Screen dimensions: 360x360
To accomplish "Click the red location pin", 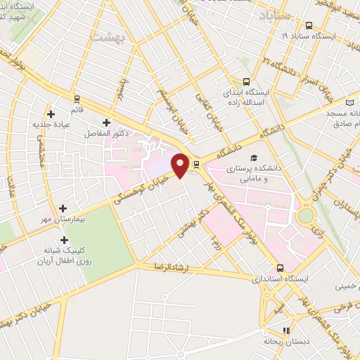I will click(x=181, y=164).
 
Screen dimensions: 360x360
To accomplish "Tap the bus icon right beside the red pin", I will click(x=196, y=165).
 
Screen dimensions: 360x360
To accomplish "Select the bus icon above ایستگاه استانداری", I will click(x=281, y=268).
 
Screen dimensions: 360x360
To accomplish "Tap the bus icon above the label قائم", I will click(x=76, y=98).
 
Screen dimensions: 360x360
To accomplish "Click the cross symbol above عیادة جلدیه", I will click(x=50, y=114).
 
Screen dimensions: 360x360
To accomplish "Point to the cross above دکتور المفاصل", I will click(x=106, y=122).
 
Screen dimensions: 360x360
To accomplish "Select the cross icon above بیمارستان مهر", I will click(x=64, y=208).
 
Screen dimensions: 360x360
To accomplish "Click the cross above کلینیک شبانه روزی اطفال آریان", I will click(x=64, y=240).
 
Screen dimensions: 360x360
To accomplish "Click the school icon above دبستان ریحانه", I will click(x=285, y=330).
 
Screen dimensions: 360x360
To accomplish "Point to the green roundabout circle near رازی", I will click(x=305, y=216).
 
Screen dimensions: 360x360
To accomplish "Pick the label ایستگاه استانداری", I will click(x=302, y=279).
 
